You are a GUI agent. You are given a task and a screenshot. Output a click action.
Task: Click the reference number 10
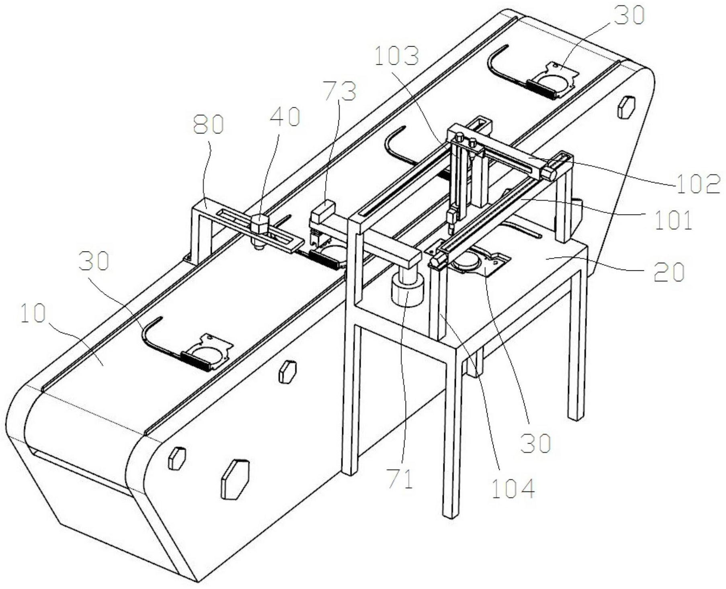click(33, 314)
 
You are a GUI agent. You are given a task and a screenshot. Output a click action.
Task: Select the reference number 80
click(208, 125)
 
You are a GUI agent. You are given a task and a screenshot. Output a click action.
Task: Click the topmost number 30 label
click(630, 16)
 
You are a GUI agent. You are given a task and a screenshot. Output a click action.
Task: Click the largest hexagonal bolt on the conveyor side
click(235, 479)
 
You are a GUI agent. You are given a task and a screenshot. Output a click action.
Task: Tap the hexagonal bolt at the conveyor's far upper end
click(626, 106)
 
